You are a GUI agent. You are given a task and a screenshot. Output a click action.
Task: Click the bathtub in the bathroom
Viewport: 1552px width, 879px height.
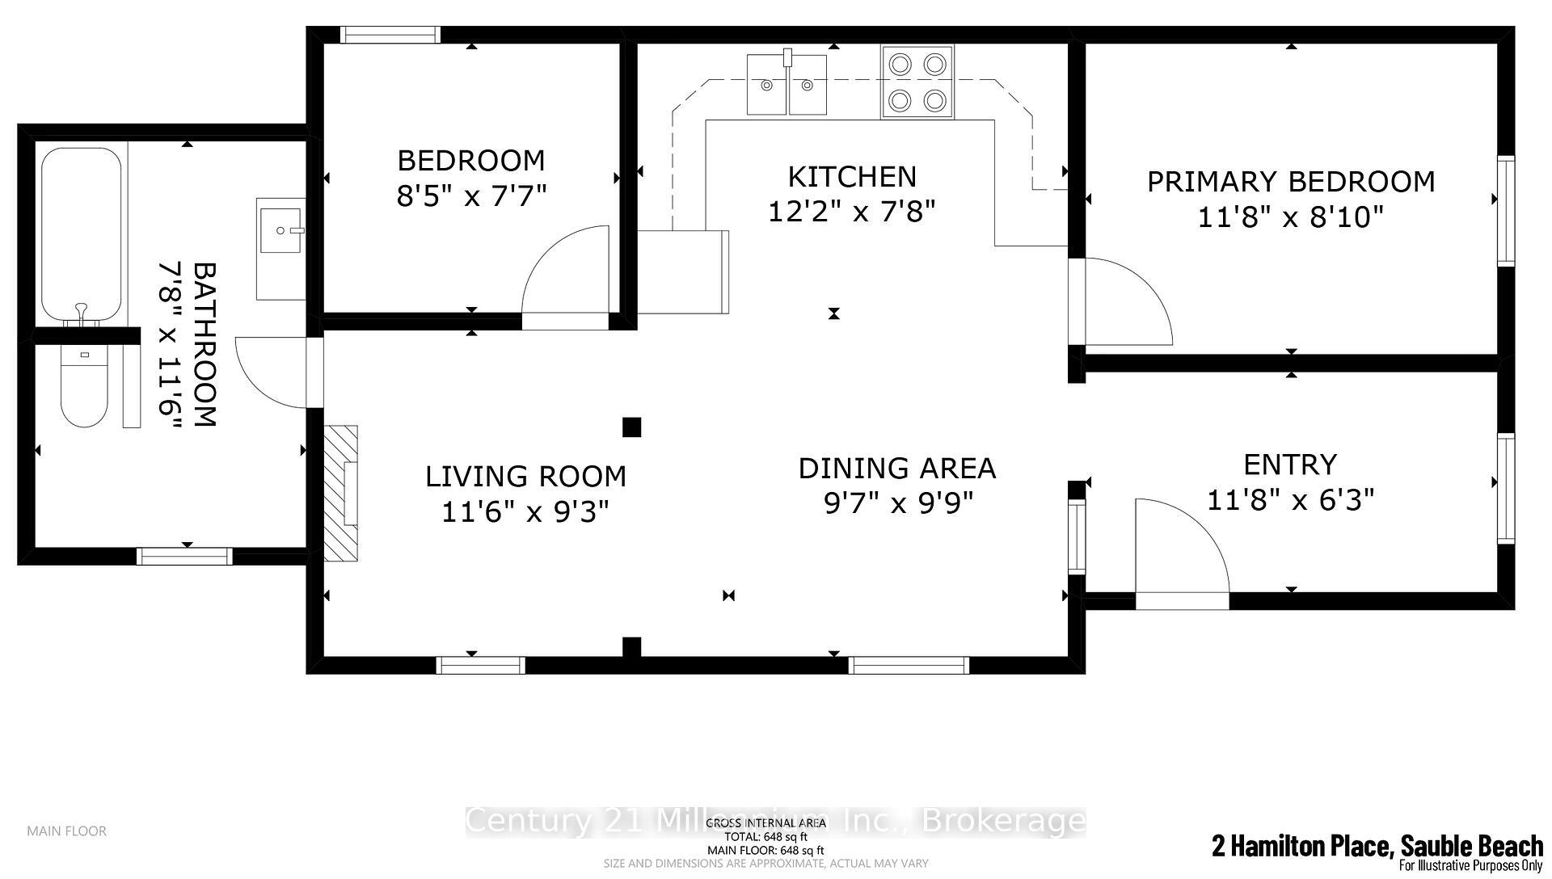pyautogui.click(x=82, y=234)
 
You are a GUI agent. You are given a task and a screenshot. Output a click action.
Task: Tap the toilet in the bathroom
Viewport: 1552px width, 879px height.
pyautogui.click(x=84, y=388)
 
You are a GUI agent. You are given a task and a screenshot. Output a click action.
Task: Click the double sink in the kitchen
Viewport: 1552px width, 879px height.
pyautogui.click(x=787, y=84)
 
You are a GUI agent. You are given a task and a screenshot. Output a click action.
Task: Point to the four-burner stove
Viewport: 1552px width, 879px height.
pyautogui.click(x=917, y=82)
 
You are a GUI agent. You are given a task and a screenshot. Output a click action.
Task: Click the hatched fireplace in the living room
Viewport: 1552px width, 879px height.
pyautogui.click(x=341, y=493)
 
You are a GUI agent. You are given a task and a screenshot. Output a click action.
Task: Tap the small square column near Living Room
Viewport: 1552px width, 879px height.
pyautogui.click(x=631, y=427)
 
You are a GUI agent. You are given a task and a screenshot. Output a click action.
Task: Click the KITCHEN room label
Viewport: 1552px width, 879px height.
pyautogui.click(x=852, y=177)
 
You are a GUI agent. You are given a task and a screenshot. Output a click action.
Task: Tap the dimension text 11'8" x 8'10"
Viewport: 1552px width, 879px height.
pyautogui.click(x=1290, y=217)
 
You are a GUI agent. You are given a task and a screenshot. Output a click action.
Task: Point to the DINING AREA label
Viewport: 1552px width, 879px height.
pyautogui.click(x=896, y=469)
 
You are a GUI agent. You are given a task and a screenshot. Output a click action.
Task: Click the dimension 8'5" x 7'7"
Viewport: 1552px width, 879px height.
pyautogui.click(x=471, y=196)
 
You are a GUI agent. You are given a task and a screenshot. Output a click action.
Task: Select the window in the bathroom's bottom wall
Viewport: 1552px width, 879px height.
pyautogui.click(x=184, y=556)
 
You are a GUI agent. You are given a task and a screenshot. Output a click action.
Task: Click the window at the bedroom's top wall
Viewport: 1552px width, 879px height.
pyautogui.click(x=390, y=35)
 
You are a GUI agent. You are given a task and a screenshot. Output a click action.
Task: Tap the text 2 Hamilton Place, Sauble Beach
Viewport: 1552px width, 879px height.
pyautogui.click(x=1377, y=847)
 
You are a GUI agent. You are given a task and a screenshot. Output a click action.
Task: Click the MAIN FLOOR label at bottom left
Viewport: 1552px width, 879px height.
pyautogui.click(x=66, y=831)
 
